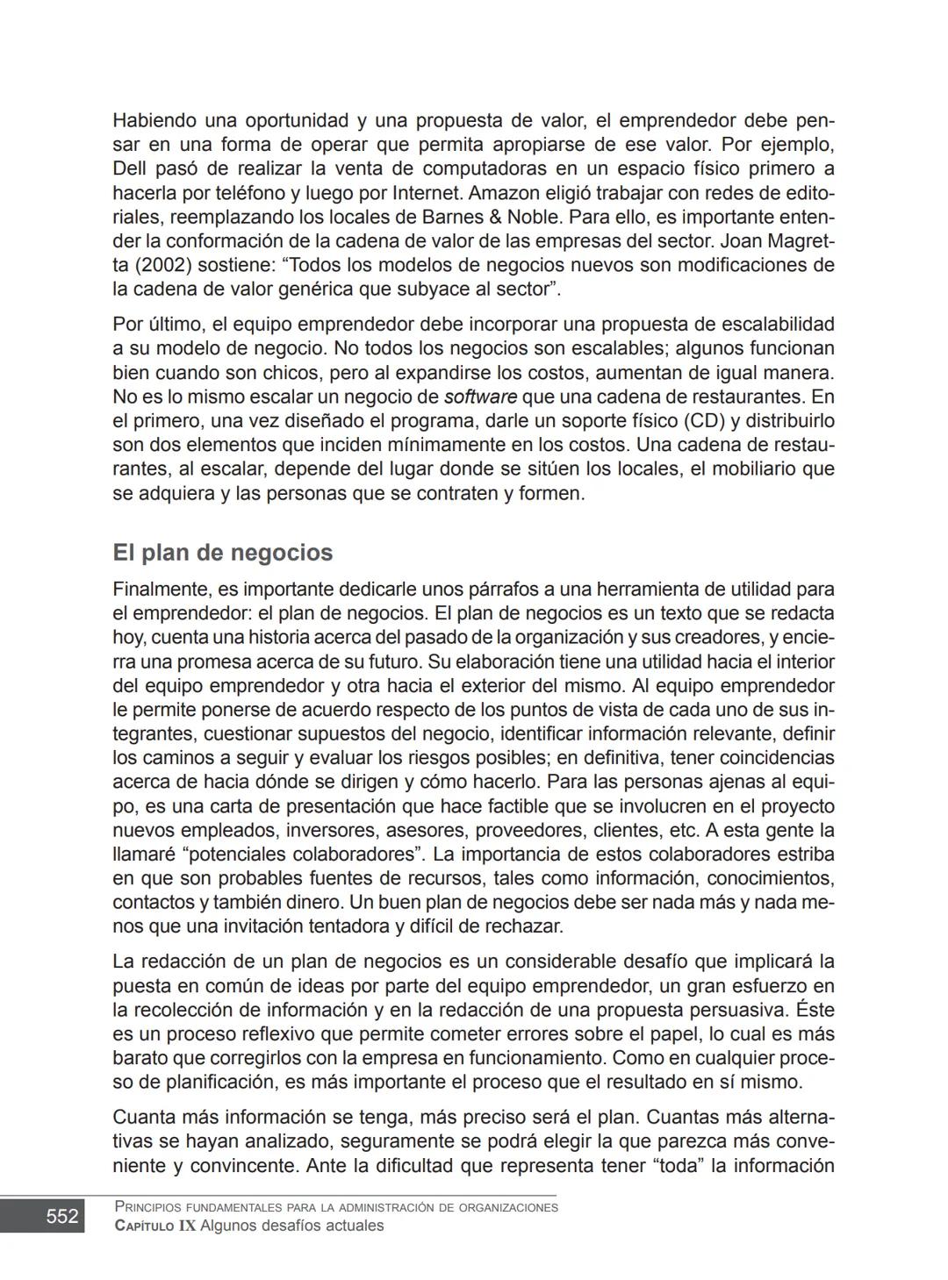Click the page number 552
(x=61, y=1216)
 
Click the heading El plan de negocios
(x=222, y=553)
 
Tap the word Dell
(x=130, y=168)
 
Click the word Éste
(x=815, y=1010)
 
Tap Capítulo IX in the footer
(x=155, y=1226)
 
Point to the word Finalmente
(x=161, y=589)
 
